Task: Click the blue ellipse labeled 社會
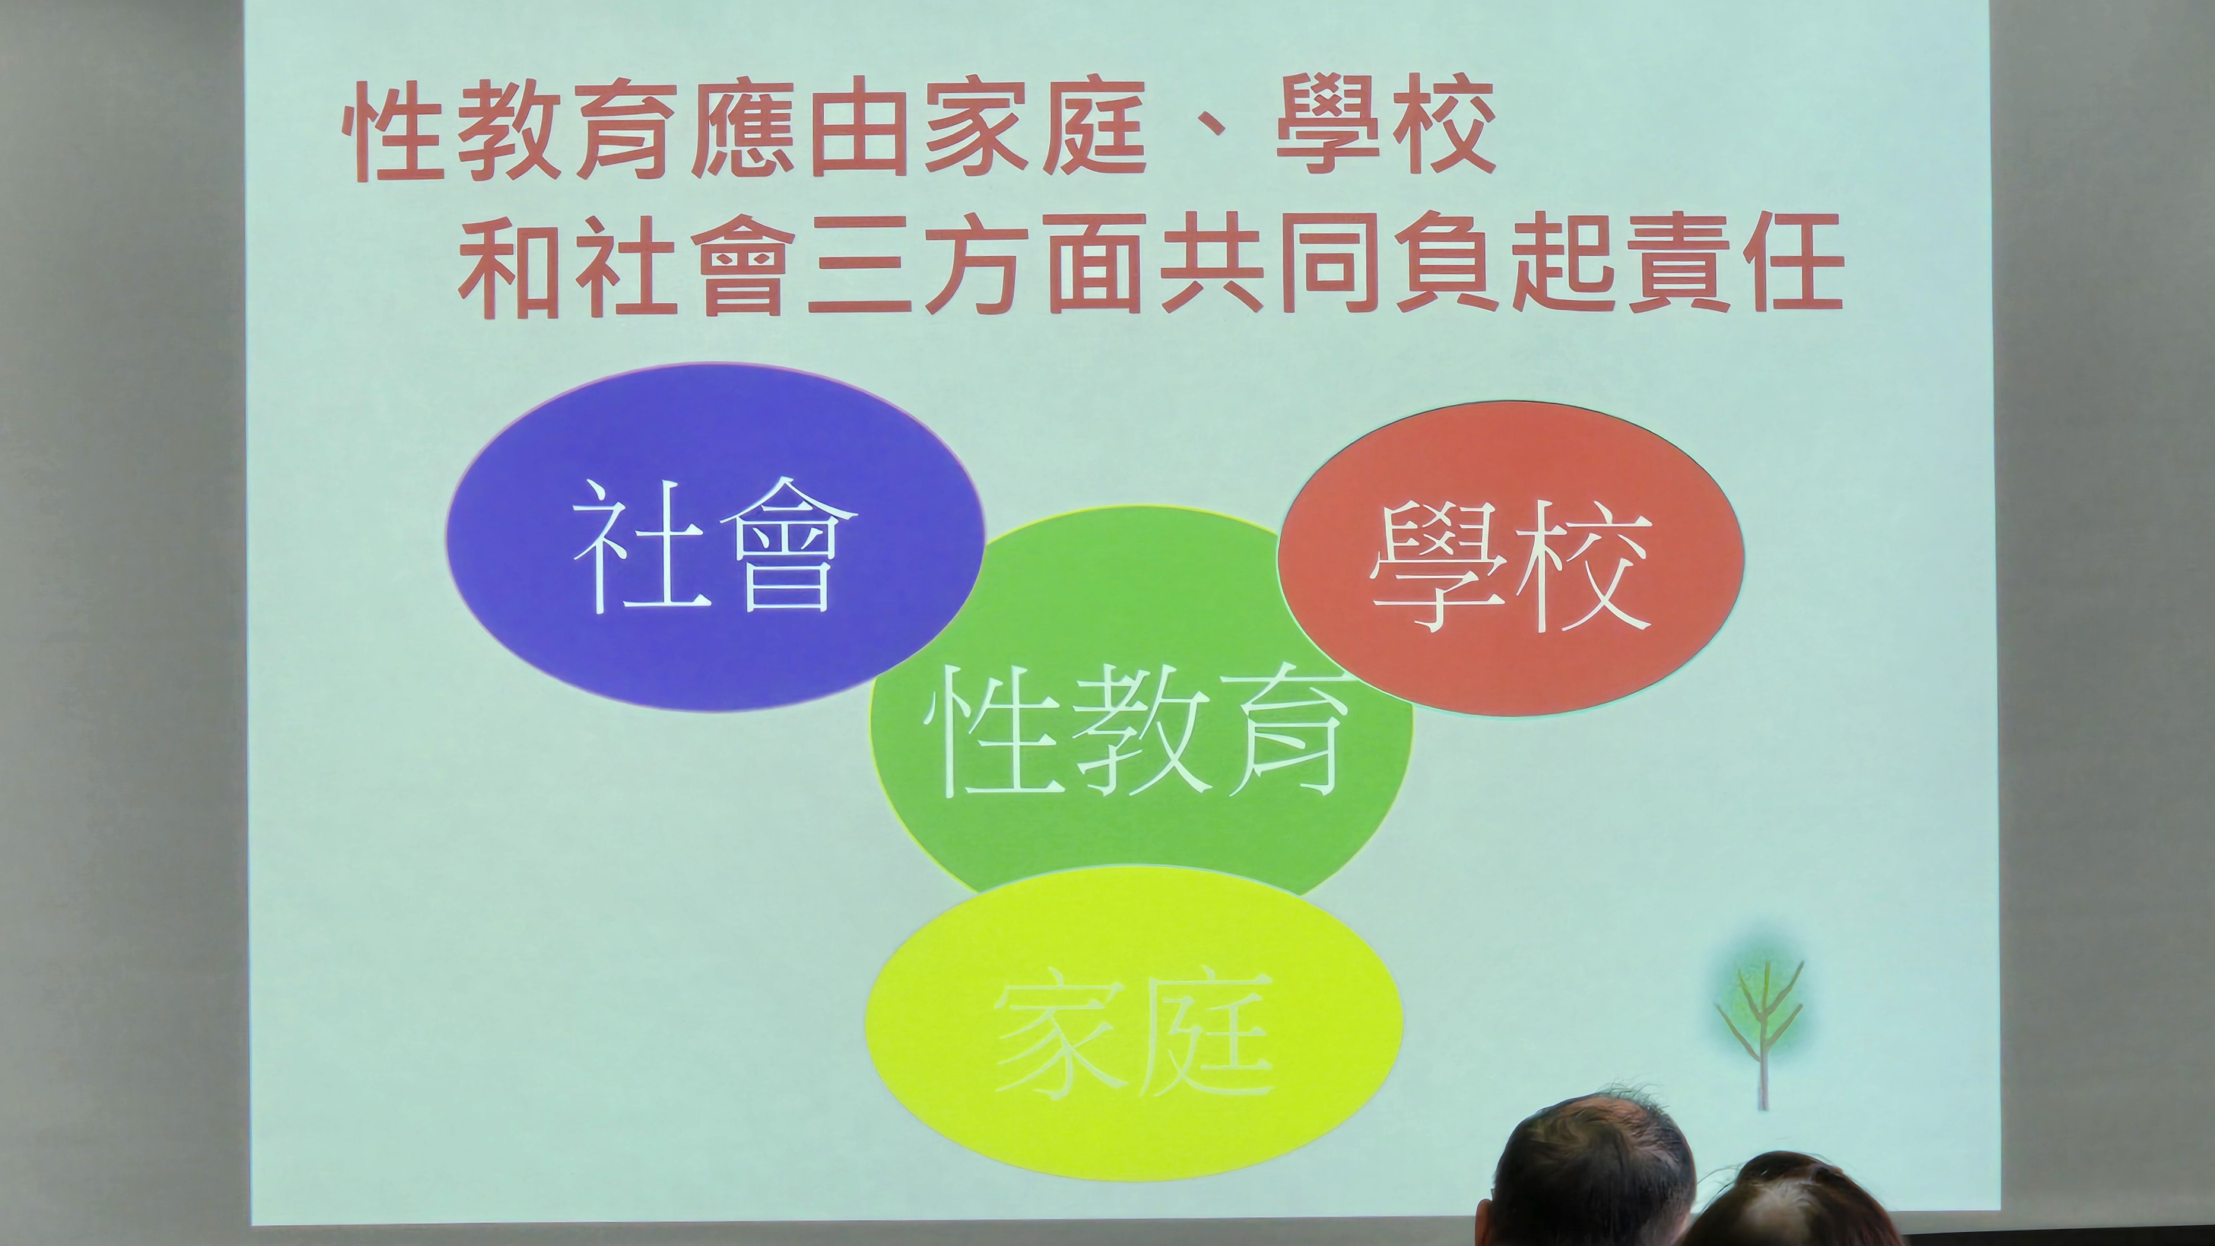[713, 537]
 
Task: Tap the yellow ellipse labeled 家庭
[1133, 1023]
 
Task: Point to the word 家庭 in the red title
[1036, 129]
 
